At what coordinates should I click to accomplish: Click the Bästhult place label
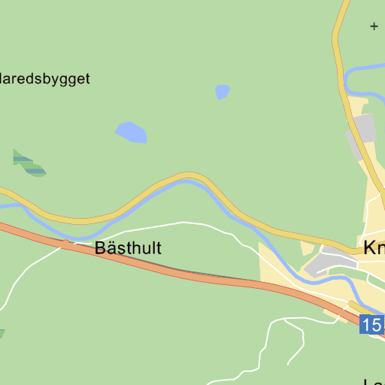[128, 248]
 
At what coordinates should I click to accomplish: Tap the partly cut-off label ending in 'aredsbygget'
[45, 79]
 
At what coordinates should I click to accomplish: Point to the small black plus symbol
[374, 26]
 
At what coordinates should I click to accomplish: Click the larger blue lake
[131, 132]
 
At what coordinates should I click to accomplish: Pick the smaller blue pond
[222, 92]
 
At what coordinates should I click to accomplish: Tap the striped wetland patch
[29, 163]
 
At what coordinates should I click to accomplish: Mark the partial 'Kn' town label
[374, 248]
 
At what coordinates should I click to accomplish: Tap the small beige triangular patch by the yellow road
[307, 247]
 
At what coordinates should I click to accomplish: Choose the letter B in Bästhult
[100, 248]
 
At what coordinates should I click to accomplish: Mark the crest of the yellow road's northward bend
[188, 177]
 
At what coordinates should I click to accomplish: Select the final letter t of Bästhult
[158, 248]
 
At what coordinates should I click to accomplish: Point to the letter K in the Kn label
[369, 248]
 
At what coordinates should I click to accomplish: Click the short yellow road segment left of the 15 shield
[353, 305]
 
